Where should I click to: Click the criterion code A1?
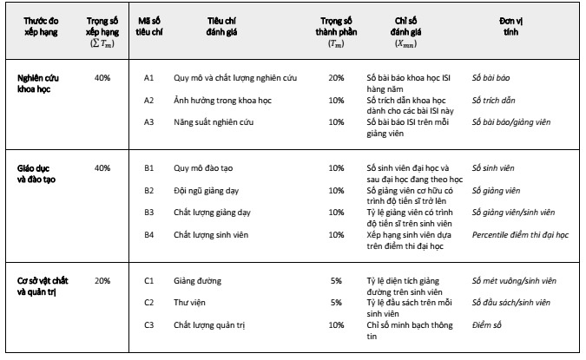coord(148,78)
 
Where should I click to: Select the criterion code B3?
coord(148,212)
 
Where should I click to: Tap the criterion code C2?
coord(148,303)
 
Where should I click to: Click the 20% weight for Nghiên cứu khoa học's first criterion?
coord(336,78)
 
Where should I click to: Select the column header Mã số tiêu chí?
coord(149,23)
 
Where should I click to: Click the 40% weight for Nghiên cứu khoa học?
coord(102,78)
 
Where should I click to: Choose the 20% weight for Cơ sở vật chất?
coord(102,281)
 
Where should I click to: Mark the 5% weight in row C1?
coord(336,281)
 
